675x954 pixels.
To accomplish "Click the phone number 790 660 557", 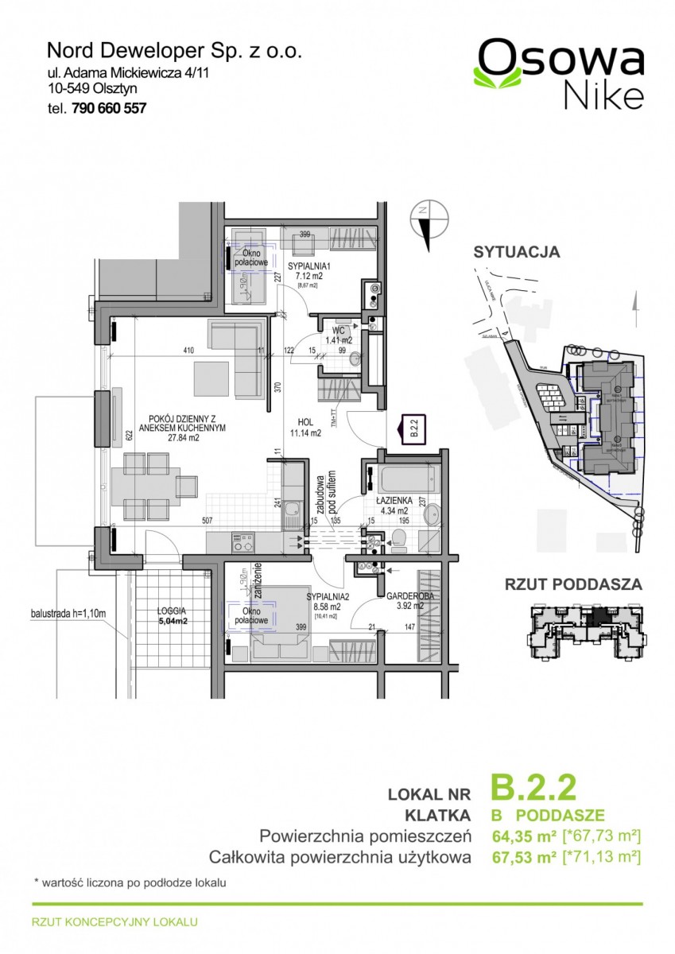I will pos(110,109).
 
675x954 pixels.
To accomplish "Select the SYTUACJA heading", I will pos(517,253).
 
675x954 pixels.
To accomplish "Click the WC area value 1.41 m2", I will pos(338,340).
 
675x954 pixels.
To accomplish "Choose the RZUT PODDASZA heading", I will pos(573,584).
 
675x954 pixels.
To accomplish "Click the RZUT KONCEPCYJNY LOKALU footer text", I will pos(114,923).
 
